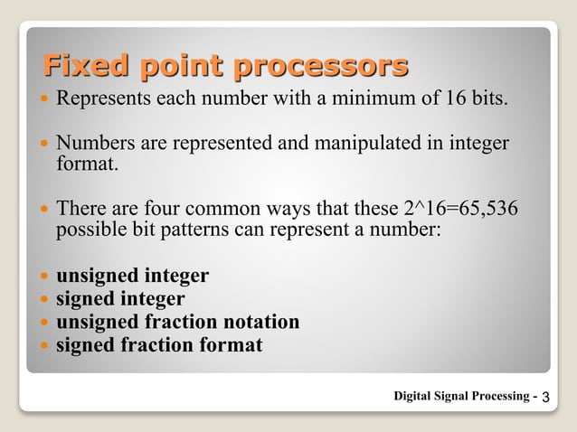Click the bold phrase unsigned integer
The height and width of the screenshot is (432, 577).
tap(132, 276)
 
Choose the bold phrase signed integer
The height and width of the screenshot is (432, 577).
tap(120, 299)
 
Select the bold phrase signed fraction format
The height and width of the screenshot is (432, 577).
tap(159, 345)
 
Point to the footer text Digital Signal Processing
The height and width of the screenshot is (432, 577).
tap(462, 396)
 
